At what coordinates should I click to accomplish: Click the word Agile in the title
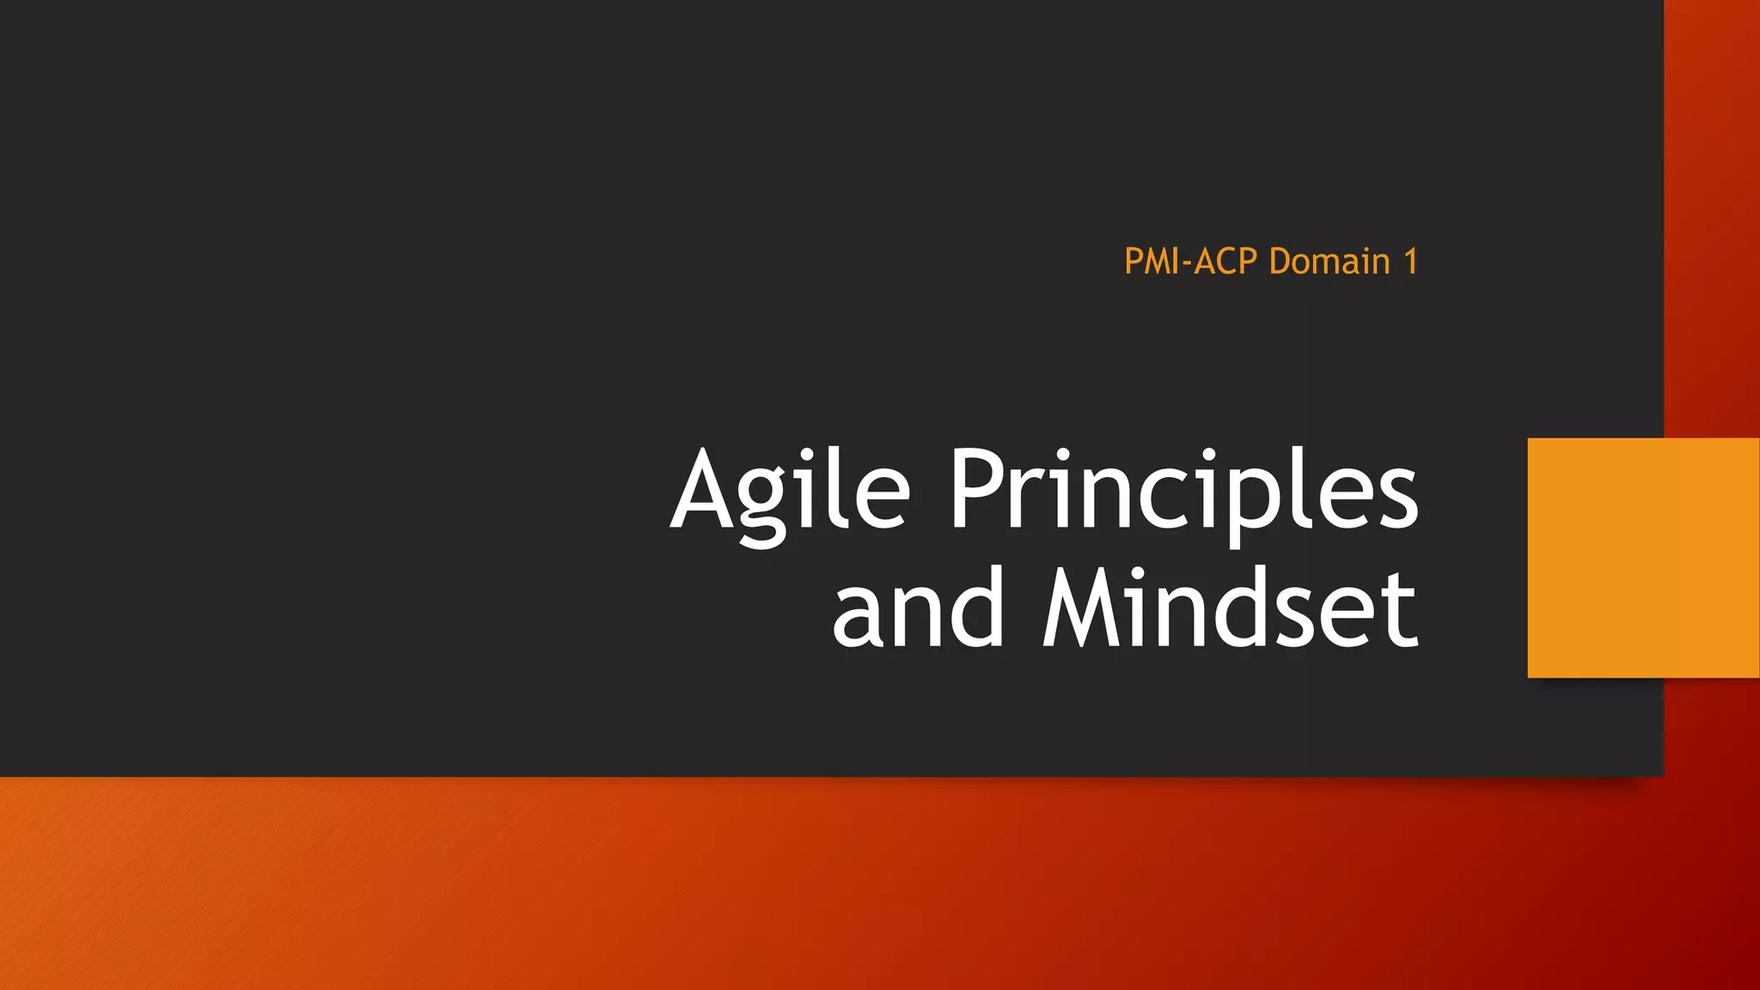click(789, 492)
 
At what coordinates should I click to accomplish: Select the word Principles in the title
click(1182, 492)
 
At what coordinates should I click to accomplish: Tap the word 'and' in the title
click(917, 609)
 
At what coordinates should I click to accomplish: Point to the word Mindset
click(1229, 609)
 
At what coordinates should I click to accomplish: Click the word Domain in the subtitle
click(1329, 261)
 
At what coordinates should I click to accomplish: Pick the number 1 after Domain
click(1410, 261)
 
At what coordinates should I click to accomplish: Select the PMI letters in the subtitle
click(1152, 261)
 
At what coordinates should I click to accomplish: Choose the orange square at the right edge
click(1643, 558)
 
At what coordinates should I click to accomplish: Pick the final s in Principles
click(1397, 498)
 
